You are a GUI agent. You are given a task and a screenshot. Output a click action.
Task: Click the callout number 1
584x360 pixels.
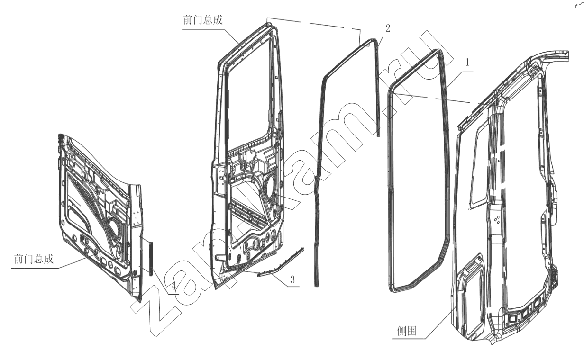[x=467, y=63]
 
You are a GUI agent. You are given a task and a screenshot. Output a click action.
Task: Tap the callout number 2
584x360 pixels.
[x=387, y=28]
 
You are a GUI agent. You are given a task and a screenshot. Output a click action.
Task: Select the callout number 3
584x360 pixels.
[x=292, y=279]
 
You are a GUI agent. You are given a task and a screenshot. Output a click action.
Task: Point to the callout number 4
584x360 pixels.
[x=174, y=286]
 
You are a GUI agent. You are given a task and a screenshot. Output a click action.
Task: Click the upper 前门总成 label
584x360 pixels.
[x=203, y=20]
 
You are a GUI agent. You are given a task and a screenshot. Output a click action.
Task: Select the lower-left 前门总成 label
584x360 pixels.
[x=34, y=259]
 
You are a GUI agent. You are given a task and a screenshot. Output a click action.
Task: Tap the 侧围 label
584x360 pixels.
[x=406, y=331]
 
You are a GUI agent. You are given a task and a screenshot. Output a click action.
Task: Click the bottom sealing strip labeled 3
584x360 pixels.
[x=281, y=262]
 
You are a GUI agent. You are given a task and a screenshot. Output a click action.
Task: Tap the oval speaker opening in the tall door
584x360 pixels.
[x=270, y=186]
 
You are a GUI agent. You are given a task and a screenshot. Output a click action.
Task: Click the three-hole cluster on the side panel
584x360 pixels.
[x=497, y=219]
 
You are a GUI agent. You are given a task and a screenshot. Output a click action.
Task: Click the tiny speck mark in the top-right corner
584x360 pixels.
[x=578, y=6]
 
